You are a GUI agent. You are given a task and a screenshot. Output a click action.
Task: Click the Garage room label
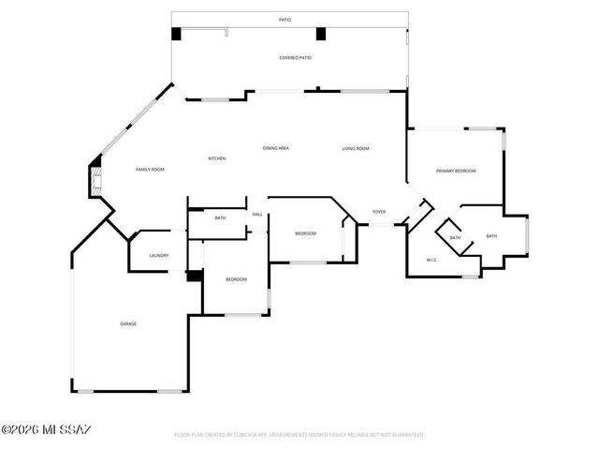pos(128,323)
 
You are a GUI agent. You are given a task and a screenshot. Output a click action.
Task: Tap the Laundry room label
pos(158,256)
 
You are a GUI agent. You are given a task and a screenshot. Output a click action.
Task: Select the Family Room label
pos(150,169)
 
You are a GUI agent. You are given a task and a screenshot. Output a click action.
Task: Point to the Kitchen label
pos(216,158)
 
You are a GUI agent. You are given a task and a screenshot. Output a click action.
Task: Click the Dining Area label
pos(275,148)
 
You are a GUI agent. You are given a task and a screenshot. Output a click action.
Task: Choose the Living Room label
pos(355,148)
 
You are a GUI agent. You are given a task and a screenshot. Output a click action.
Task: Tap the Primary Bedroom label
pos(456,171)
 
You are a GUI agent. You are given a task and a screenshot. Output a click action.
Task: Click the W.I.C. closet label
pos(432,260)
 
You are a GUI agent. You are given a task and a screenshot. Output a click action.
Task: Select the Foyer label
pos(379,212)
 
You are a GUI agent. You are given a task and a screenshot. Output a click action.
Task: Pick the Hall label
pos(256,214)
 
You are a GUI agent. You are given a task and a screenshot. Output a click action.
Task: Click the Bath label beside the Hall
pos(220,218)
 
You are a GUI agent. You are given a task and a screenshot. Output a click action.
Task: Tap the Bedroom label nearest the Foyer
pos(305,233)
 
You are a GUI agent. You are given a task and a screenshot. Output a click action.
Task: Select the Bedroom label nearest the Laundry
pos(236,279)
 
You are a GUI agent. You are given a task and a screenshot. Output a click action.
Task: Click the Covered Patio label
pos(295,58)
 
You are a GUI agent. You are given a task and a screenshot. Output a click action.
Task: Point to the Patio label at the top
pos(285,20)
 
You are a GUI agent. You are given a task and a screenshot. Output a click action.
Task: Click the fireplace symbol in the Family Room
pos(95,179)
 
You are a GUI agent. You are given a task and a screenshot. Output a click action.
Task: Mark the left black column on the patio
pos(176,34)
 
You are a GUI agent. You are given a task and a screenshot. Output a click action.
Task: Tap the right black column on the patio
pos(320,34)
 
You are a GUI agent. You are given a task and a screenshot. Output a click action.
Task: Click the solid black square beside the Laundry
pos(194,276)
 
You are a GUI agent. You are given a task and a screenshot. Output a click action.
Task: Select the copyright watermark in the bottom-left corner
pos(47,430)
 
